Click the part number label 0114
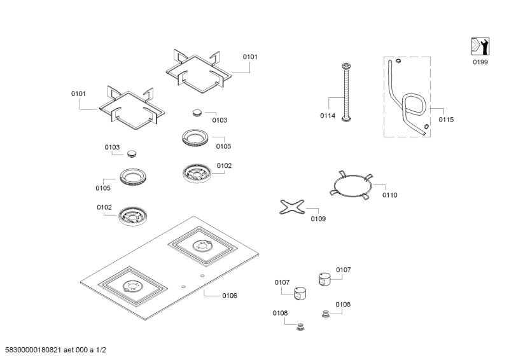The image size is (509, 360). click(328, 116)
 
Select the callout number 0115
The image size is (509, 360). click(446, 119)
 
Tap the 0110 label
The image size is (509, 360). click(389, 195)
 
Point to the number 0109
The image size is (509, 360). click(318, 219)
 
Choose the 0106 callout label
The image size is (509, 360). click(229, 296)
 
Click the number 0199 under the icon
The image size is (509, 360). click(481, 63)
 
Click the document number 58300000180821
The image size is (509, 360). click(39, 350)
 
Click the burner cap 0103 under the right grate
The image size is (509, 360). click(197, 113)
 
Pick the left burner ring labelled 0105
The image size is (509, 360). click(134, 177)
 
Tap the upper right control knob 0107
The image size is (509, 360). click(324, 279)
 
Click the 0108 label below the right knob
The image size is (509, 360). click(342, 304)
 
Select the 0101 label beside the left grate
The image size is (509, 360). click(78, 93)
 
